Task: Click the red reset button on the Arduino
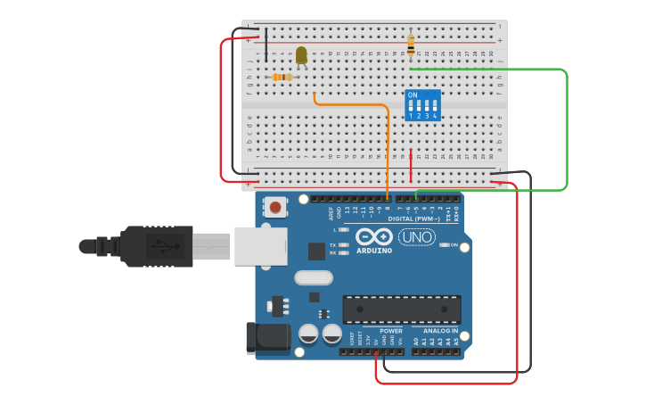coord(275,208)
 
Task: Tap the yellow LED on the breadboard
coord(301,55)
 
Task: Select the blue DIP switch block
coord(422,104)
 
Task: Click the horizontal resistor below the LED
coord(282,78)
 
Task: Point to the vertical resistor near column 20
coord(411,43)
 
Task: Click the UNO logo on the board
coord(416,236)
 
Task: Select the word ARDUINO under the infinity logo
coord(374,251)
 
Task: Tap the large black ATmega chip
coord(402,309)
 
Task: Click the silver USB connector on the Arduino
coord(260,246)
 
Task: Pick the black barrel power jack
coord(266,336)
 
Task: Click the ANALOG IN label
coord(435,331)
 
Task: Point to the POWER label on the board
coord(390,331)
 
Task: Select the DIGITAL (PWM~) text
coord(413,218)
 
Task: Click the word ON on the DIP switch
coord(412,95)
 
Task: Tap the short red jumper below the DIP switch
coord(411,167)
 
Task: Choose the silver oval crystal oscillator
coord(313,277)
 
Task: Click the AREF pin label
coord(331,213)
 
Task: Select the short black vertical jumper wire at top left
coord(266,45)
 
